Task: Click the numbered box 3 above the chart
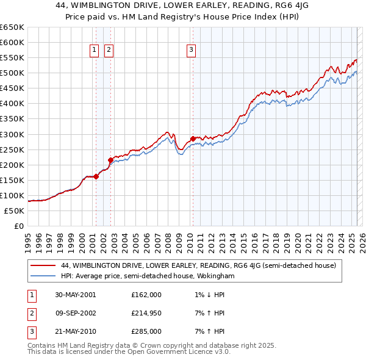pyautogui.click(x=191, y=51)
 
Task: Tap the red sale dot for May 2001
pyautogui.click(x=96, y=176)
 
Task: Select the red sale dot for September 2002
pyautogui.click(x=110, y=160)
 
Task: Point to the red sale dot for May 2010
pyautogui.click(x=193, y=139)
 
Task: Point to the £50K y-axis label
pyautogui.click(x=15, y=211)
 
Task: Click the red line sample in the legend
pyautogui.click(x=43, y=266)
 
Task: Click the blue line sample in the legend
pyautogui.click(x=43, y=276)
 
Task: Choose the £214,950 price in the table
pyautogui.click(x=146, y=313)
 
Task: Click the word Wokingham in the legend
pyautogui.click(x=214, y=276)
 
